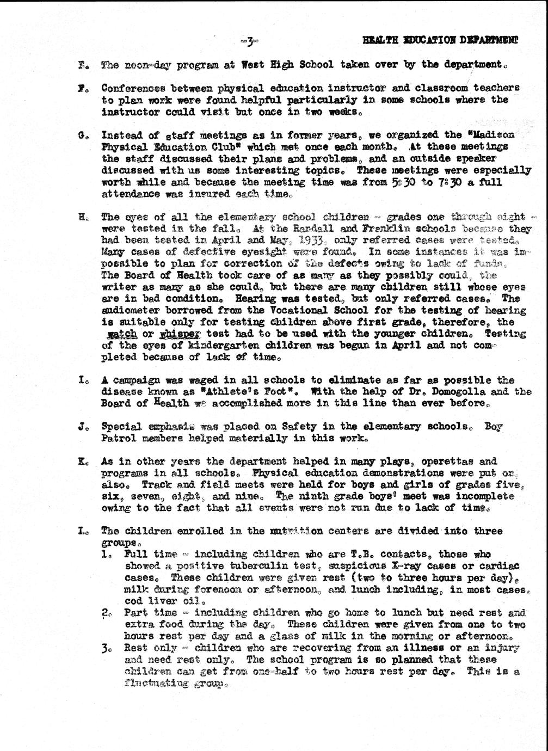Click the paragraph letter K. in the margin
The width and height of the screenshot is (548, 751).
tap(82, 462)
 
